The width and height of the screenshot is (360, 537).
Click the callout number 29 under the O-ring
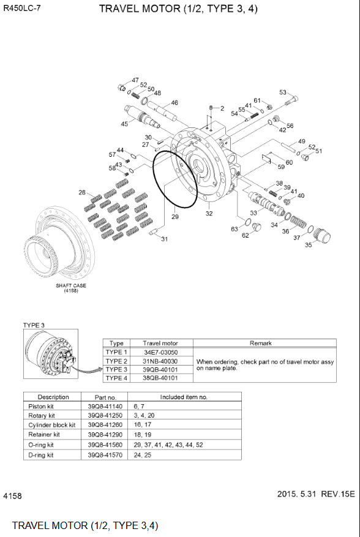click(174, 217)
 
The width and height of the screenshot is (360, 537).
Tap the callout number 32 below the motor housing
click(209, 214)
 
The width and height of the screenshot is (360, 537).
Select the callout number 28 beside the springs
click(82, 193)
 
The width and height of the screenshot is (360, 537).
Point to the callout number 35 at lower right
click(308, 245)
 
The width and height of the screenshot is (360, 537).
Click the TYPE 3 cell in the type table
click(116, 369)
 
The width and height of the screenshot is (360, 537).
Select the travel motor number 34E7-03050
click(160, 352)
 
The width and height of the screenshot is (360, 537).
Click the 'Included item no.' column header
click(184, 397)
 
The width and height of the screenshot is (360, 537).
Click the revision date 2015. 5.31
click(298, 493)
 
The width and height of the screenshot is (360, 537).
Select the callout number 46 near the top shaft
click(174, 102)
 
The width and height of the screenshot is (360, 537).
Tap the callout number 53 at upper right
click(283, 92)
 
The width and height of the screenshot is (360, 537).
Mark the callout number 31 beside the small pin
click(164, 239)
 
